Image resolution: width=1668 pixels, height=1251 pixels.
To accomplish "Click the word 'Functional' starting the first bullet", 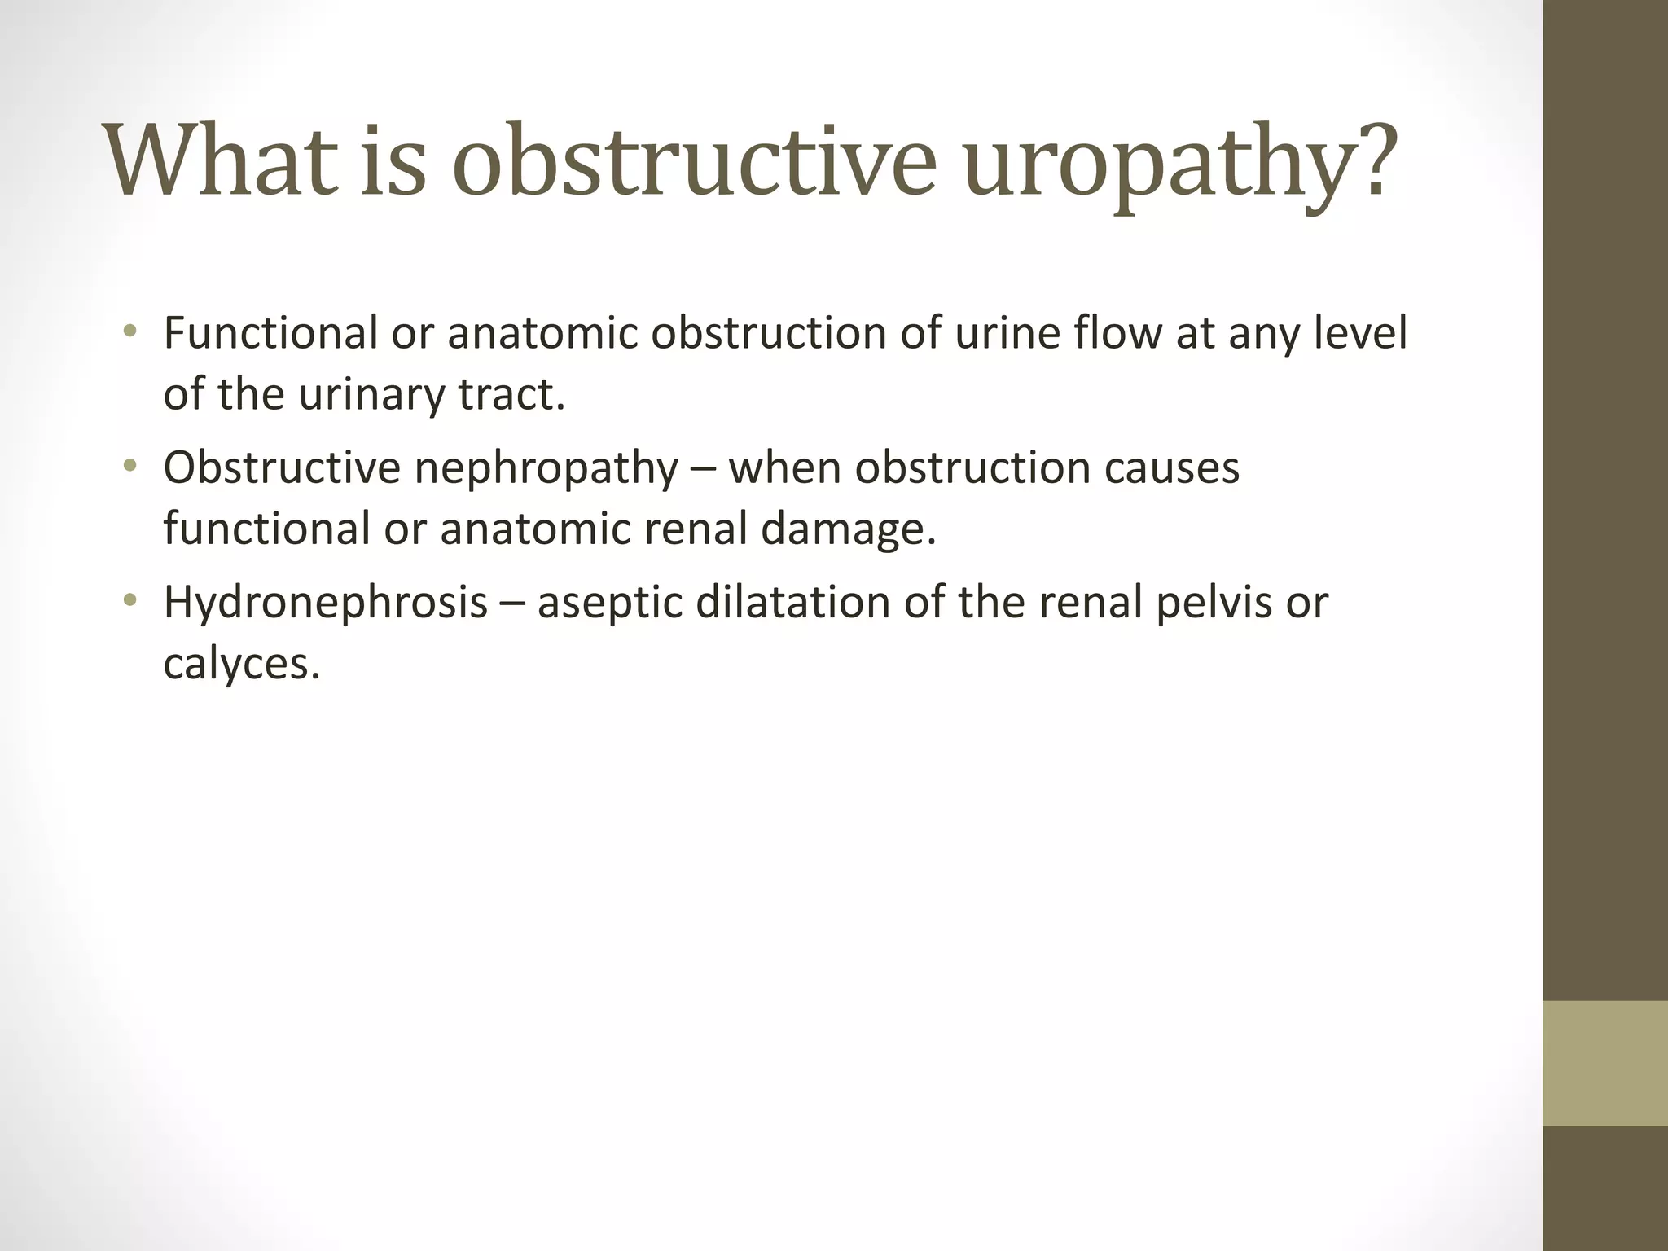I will [x=270, y=333].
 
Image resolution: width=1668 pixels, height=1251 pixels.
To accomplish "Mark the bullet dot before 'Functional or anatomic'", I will [x=129, y=331].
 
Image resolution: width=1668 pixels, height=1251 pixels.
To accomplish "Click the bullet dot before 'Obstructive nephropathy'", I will [x=129, y=466].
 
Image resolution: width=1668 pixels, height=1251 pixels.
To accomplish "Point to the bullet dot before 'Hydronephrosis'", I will [x=129, y=601].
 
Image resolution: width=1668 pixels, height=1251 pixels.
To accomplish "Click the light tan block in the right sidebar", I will [x=1604, y=1062].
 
